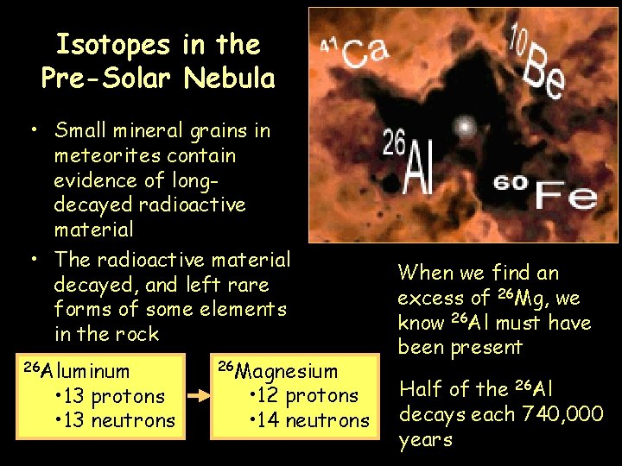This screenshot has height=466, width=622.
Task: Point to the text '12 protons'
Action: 310,396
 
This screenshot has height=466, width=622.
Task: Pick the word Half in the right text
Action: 417,388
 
